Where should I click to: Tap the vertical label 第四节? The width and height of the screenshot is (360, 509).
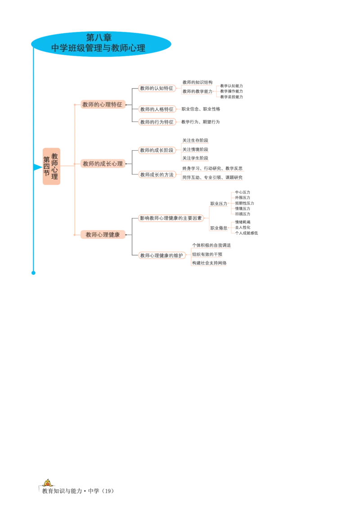pos(46,166)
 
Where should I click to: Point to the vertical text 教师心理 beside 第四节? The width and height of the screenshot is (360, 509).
pos(54,166)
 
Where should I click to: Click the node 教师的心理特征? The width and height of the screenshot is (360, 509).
pos(102,104)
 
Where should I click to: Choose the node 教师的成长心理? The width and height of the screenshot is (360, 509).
pos(103,164)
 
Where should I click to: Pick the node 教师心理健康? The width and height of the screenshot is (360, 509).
pos(103,234)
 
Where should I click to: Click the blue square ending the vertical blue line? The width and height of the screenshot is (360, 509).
pos(32,273)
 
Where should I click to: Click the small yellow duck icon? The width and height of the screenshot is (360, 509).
pos(46,482)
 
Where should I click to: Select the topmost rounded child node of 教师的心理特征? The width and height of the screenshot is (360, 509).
pos(156,88)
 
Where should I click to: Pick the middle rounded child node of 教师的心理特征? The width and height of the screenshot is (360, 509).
pos(156,109)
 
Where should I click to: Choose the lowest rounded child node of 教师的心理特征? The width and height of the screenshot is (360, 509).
pos(156,121)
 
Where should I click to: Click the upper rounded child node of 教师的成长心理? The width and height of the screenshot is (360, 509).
pos(156,150)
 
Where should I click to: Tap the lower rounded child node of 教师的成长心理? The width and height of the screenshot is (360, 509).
pos(156,174)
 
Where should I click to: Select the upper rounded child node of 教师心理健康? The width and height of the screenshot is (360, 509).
pos(170,218)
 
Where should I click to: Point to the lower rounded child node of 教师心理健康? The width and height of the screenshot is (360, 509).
pos(162,255)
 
